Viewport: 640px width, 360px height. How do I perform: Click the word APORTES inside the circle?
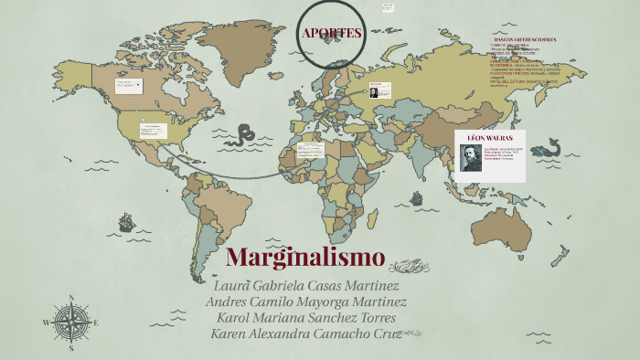[x=332, y=34]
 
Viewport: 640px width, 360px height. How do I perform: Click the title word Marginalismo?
[x=304, y=257]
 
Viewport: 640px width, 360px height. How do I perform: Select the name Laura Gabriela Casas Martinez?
[x=305, y=285]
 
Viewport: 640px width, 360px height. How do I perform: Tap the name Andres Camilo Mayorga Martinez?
[x=306, y=302]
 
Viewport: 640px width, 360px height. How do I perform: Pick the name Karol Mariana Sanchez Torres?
[x=306, y=317]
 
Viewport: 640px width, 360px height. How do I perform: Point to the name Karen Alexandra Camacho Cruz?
[x=305, y=334]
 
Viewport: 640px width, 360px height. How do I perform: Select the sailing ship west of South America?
[x=126, y=222]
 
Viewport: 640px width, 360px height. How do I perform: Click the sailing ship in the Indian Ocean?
[x=417, y=197]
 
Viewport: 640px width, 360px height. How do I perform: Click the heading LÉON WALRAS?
[x=490, y=137]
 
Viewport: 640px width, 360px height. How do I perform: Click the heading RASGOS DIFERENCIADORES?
[x=524, y=40]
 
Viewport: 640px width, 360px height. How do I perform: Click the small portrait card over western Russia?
[x=379, y=90]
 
